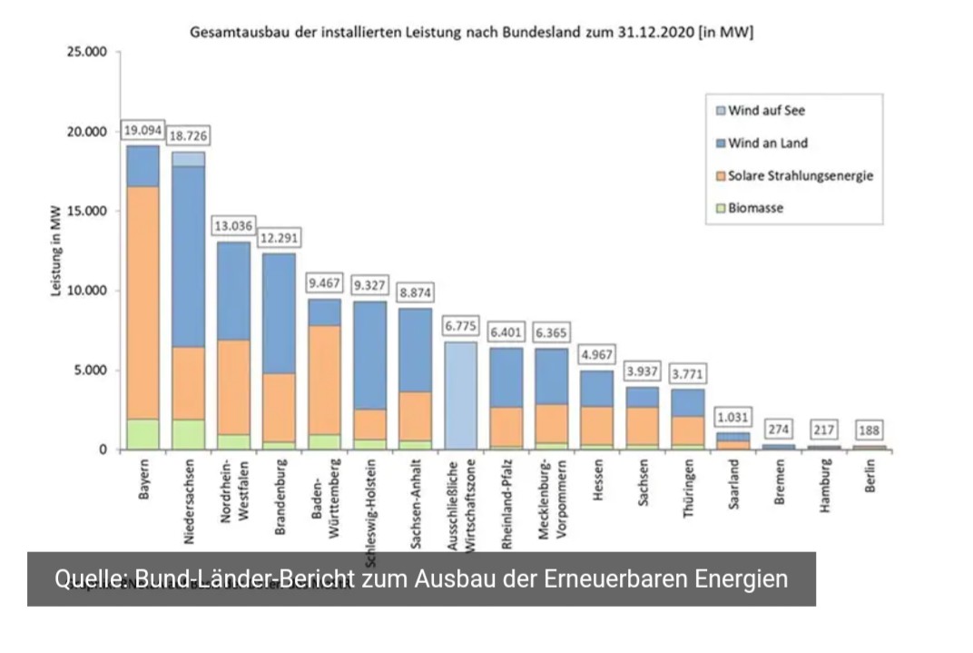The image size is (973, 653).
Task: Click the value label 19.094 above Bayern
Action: pyautogui.click(x=143, y=130)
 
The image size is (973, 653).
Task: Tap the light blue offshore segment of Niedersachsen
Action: pyautogui.click(x=188, y=159)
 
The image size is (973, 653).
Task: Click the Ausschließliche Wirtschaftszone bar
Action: pyautogui.click(x=460, y=395)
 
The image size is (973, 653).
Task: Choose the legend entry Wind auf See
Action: pyautogui.click(x=766, y=111)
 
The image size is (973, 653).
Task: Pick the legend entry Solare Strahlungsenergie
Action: pyautogui.click(x=800, y=175)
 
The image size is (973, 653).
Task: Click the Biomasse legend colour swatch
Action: pyautogui.click(x=720, y=208)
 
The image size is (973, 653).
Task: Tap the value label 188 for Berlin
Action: pyautogui.click(x=870, y=430)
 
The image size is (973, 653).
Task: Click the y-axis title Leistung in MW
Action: pyautogui.click(x=56, y=251)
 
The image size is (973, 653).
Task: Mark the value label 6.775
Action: pyautogui.click(x=460, y=324)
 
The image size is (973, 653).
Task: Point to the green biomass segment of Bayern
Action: pyautogui.click(x=143, y=433)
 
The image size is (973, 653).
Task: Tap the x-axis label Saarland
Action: pyautogui.click(x=733, y=486)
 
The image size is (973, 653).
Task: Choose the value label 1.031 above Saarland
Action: pyautogui.click(x=733, y=417)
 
